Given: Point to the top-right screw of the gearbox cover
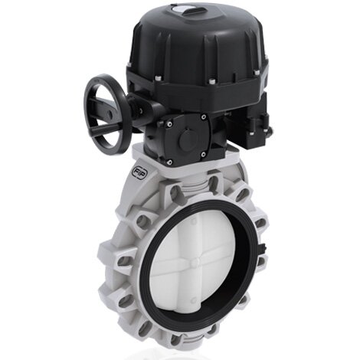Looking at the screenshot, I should pyautogui.click(x=205, y=117).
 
